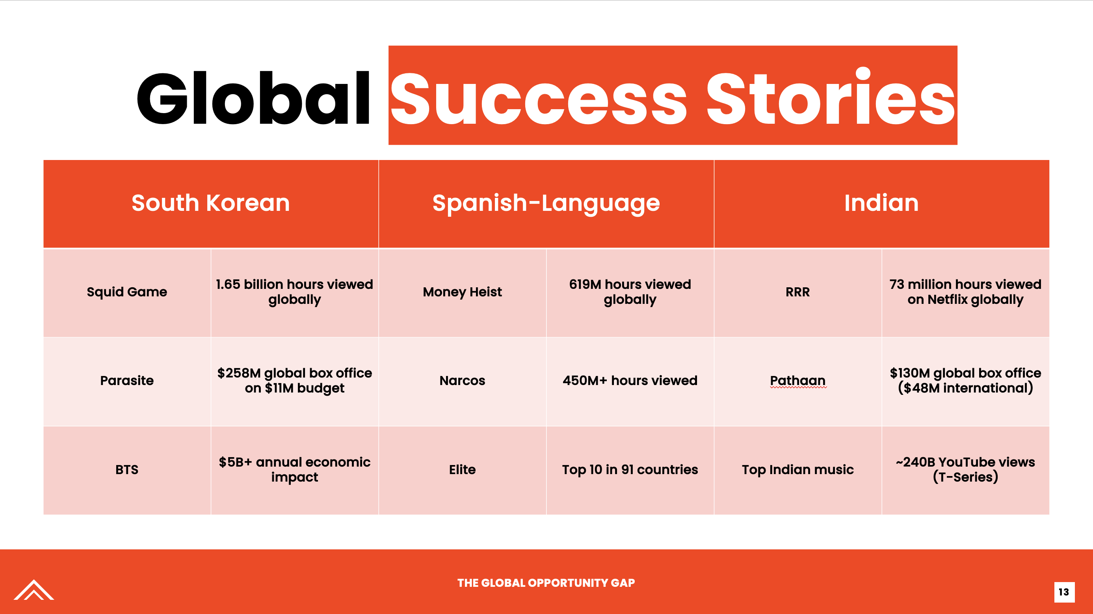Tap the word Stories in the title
click(830, 96)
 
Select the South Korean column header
click(211, 204)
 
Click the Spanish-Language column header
click(546, 204)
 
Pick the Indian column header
click(882, 204)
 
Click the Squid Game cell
click(127, 293)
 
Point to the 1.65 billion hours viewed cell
click(294, 293)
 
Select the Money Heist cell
click(462, 293)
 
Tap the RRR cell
click(798, 293)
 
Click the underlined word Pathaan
click(798, 381)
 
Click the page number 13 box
click(1064, 592)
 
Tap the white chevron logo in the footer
click(34, 590)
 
